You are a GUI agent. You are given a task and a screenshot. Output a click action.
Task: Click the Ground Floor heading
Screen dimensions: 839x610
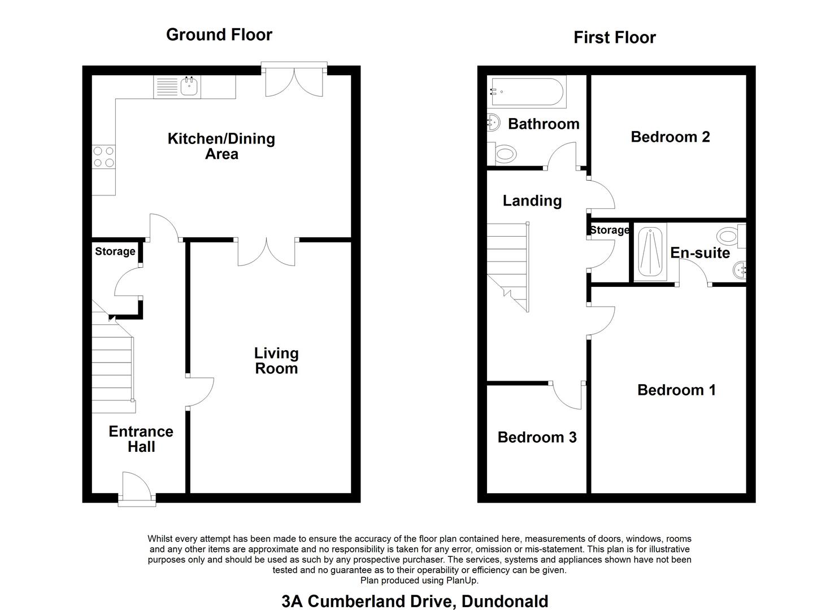pyautogui.click(x=219, y=35)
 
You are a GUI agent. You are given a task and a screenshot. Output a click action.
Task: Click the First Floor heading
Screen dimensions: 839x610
pyautogui.click(x=615, y=37)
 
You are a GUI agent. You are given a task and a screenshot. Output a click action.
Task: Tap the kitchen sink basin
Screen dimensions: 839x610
pyautogui.click(x=189, y=86)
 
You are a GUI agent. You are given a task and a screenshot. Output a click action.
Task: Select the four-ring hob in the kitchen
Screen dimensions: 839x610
pyautogui.click(x=104, y=157)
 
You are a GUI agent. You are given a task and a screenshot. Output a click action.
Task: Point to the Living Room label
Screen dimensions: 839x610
pyautogui.click(x=276, y=360)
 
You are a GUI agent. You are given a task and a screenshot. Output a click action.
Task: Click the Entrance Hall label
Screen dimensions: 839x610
pyautogui.click(x=141, y=439)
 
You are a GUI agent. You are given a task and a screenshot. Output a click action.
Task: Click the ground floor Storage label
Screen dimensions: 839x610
pyautogui.click(x=115, y=251)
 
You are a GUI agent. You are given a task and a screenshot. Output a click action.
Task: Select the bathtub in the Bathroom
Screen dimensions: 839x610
pyautogui.click(x=527, y=91)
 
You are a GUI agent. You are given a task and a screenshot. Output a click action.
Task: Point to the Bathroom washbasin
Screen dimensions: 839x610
pyautogui.click(x=494, y=122)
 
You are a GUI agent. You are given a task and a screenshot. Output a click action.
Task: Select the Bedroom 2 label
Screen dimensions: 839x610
pyautogui.click(x=670, y=137)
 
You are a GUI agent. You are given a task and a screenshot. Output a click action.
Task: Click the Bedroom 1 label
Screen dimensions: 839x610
pyautogui.click(x=676, y=390)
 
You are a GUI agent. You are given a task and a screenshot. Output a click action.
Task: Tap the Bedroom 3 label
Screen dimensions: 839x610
pyautogui.click(x=537, y=437)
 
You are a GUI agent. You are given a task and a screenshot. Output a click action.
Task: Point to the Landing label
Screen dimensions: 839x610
pyautogui.click(x=532, y=201)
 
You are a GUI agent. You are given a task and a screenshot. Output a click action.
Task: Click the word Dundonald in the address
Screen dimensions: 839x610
pyautogui.click(x=505, y=602)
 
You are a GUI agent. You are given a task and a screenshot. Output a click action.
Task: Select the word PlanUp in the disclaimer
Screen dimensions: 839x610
pyautogui.click(x=462, y=581)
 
